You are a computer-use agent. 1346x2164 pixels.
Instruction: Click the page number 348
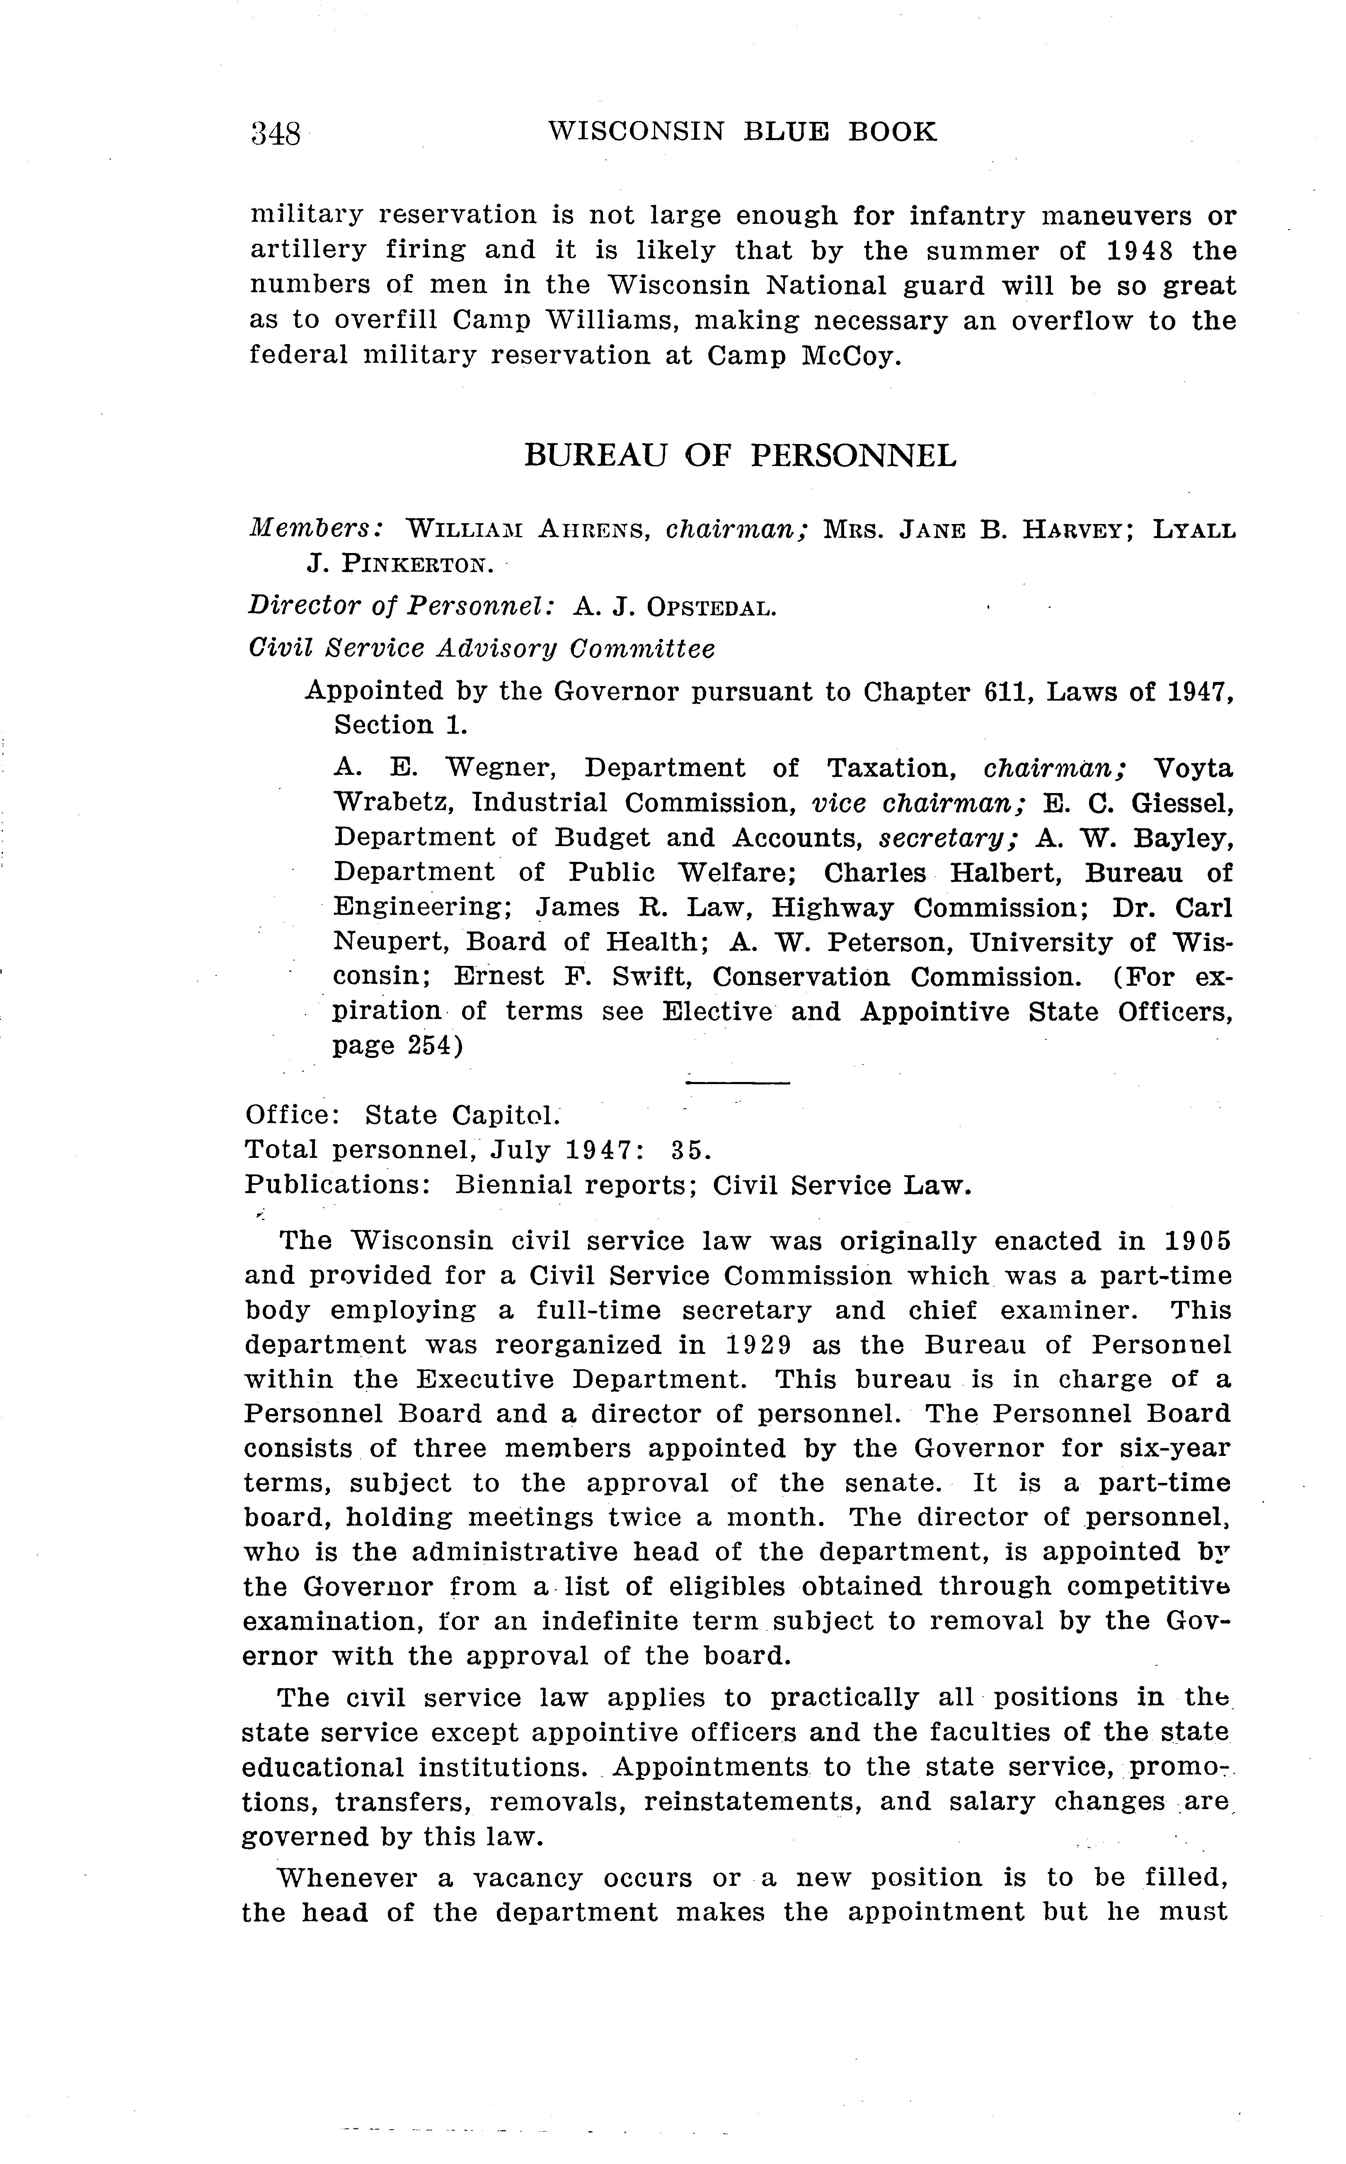coord(276,133)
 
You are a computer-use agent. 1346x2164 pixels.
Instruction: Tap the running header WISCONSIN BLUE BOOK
coord(743,132)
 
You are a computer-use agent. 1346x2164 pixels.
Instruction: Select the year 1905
coord(1196,1240)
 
